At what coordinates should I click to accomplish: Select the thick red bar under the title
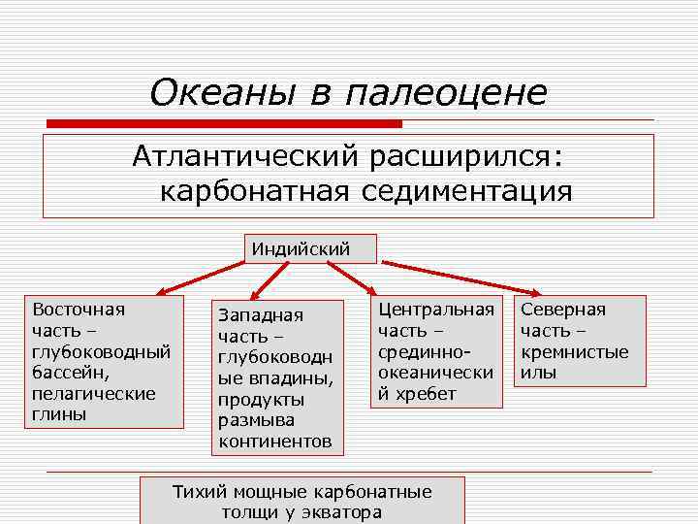click(224, 124)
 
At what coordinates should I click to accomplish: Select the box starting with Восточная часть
click(104, 361)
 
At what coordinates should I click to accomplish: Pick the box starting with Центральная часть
click(436, 351)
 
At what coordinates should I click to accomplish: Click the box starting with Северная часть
click(579, 340)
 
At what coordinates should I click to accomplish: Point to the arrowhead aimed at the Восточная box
click(164, 290)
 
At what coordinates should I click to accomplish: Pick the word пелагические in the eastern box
click(94, 393)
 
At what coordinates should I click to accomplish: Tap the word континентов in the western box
click(275, 442)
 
